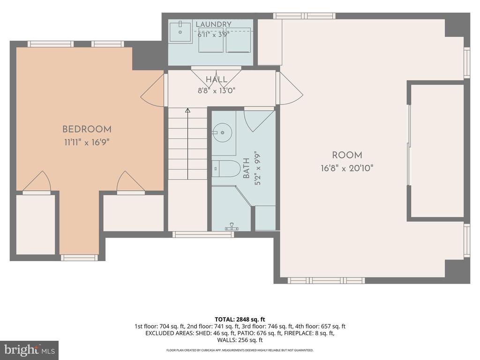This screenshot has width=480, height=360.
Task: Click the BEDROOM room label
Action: point(87,129)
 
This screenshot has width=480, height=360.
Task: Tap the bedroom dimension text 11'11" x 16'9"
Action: point(87,142)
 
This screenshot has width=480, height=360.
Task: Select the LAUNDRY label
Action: point(213,24)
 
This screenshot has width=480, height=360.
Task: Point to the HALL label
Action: point(217,80)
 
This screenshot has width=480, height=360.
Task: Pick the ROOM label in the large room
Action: point(347,155)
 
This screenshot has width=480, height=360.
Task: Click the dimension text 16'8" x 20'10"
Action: point(347,168)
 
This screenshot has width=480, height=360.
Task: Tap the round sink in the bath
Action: point(223,133)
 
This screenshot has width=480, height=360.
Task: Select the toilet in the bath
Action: point(226,169)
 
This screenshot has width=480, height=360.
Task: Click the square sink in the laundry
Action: point(180,31)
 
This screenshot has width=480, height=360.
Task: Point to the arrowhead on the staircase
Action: point(187,110)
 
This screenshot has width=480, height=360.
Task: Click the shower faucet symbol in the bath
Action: point(232,227)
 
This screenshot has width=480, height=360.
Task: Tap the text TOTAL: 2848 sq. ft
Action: point(240,320)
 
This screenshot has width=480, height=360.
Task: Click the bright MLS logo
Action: point(29,350)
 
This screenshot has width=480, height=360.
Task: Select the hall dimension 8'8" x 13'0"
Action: point(217,90)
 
